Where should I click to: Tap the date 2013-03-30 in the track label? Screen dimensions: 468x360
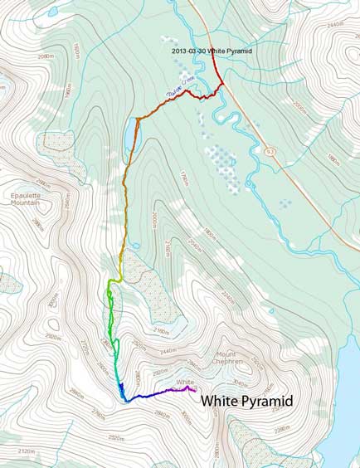[189, 51]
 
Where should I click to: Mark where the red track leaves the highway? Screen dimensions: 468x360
[221, 84]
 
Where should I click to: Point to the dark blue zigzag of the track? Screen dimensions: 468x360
[121, 389]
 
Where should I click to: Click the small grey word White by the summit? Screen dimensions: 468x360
[184, 382]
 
